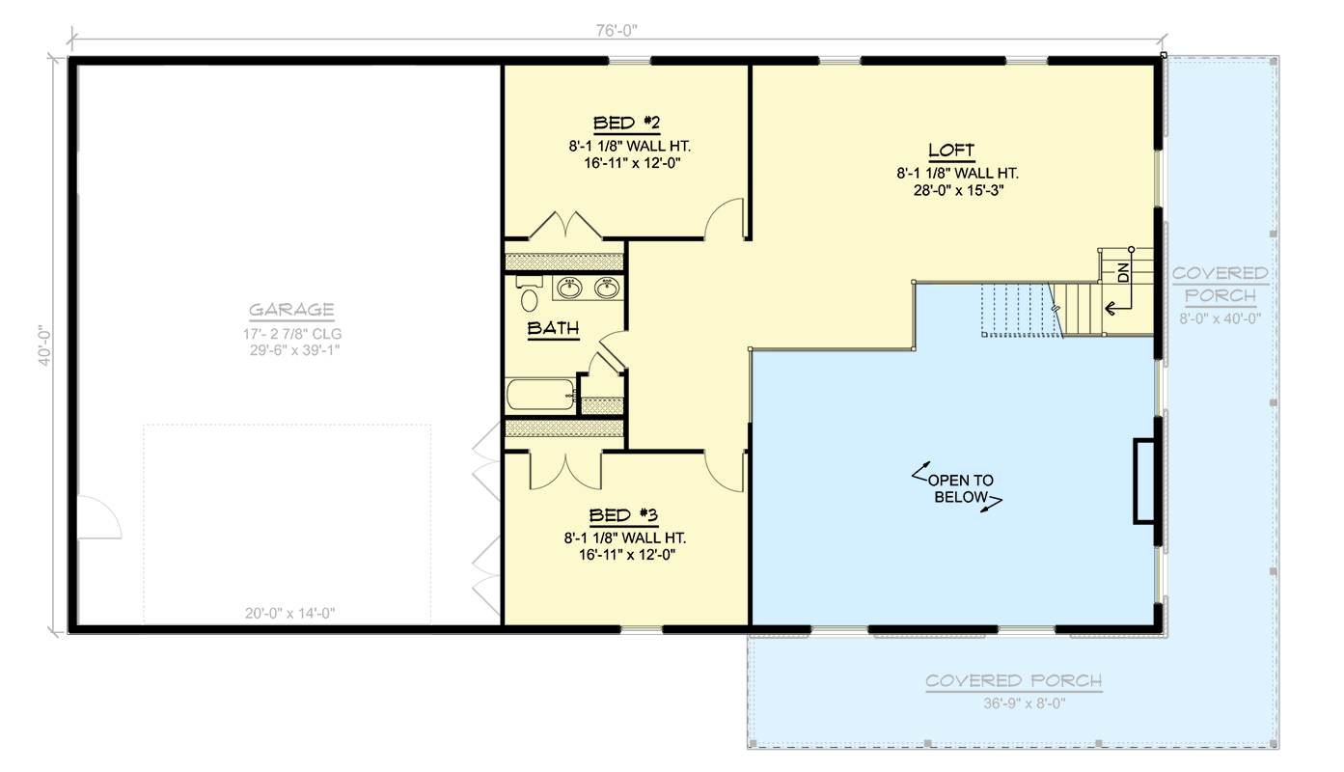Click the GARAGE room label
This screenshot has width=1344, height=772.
(291, 310)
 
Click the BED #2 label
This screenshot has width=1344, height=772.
(625, 123)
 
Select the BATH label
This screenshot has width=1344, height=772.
(553, 329)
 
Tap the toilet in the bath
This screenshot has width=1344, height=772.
(528, 293)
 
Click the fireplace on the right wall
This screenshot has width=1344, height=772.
(1144, 481)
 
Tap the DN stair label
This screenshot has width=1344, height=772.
(1123, 273)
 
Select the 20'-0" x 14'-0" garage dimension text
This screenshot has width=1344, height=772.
(289, 613)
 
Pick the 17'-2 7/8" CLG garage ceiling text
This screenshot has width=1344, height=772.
(291, 333)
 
